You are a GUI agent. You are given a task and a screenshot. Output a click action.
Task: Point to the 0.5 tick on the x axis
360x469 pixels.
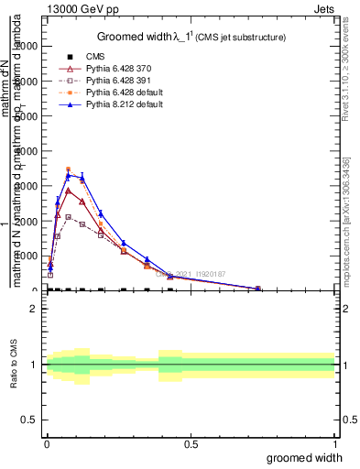point(191,444)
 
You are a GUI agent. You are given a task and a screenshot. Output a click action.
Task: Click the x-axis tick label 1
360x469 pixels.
point(334,444)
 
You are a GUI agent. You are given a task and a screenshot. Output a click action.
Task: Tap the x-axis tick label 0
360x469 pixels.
point(46,444)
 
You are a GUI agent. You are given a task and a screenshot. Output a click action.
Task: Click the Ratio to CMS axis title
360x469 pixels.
point(14,365)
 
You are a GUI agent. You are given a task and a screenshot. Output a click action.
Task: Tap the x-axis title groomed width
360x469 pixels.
point(310,457)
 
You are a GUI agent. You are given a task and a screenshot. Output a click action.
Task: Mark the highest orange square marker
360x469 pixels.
point(68,169)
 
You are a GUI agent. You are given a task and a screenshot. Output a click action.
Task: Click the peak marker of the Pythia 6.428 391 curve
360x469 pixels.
point(68,217)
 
